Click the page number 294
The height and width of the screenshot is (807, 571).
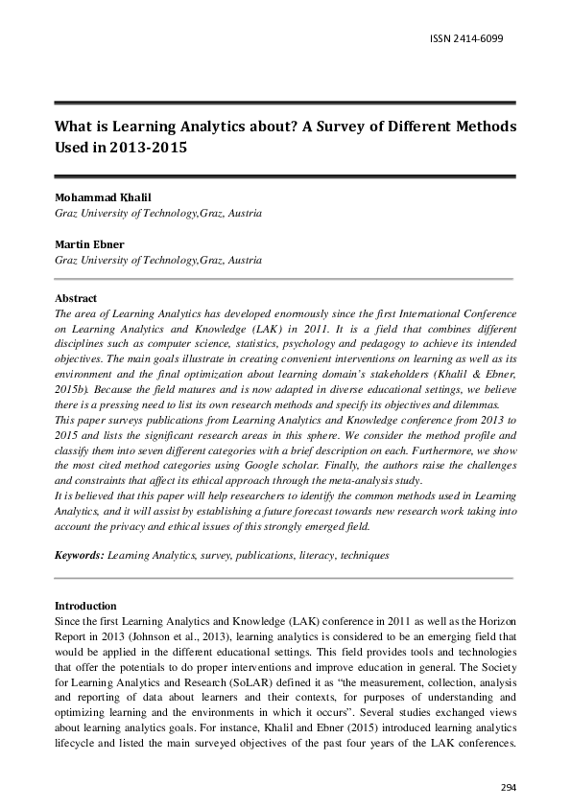click(509, 787)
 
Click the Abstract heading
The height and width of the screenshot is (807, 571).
click(76, 299)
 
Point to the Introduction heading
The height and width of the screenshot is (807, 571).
click(85, 606)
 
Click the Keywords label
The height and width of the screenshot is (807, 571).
click(79, 555)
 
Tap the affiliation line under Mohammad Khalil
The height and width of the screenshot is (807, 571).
click(157, 213)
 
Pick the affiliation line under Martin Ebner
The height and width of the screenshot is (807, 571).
click(157, 260)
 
